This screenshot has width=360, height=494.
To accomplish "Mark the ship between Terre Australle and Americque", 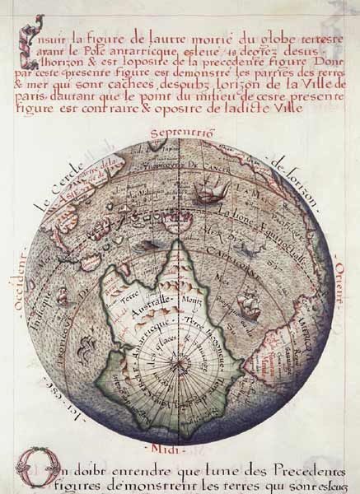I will click(248, 305).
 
